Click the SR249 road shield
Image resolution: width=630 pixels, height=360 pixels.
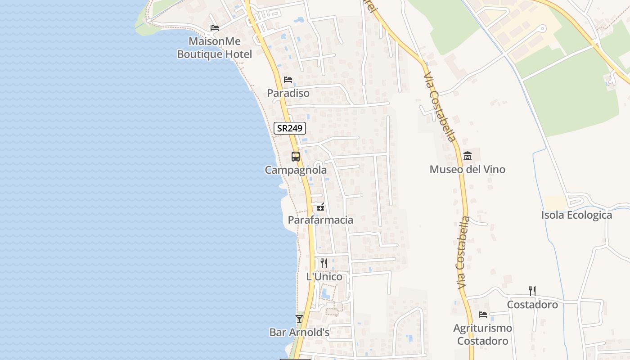click(x=290, y=128)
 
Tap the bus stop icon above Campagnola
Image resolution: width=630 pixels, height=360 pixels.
click(x=296, y=157)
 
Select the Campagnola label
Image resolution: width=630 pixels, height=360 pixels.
click(x=296, y=171)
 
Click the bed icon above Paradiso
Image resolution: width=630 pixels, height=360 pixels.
click(x=288, y=80)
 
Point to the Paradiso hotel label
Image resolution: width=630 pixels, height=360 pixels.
click(x=288, y=93)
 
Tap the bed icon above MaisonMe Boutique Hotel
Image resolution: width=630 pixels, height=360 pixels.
click(x=215, y=28)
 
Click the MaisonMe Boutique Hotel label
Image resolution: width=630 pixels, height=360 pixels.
click(x=215, y=48)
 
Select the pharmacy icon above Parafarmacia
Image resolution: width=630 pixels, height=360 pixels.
click(x=320, y=207)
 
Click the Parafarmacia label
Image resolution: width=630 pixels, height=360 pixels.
click(x=320, y=220)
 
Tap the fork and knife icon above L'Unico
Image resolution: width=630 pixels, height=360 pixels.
click(x=324, y=263)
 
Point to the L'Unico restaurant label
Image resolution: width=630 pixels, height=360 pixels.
click(x=324, y=277)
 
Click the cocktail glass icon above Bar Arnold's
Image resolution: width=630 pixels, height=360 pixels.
click(x=299, y=319)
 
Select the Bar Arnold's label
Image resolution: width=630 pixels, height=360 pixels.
click(x=299, y=333)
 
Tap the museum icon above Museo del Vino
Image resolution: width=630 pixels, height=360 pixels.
click(x=468, y=156)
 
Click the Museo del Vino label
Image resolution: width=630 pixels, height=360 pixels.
click(x=468, y=170)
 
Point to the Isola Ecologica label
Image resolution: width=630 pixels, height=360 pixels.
click(x=576, y=215)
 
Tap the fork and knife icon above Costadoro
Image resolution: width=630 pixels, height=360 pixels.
click(x=532, y=291)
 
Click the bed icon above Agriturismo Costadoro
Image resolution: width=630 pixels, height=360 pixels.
click(x=483, y=315)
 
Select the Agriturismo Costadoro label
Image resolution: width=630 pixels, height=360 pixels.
click(x=483, y=334)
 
